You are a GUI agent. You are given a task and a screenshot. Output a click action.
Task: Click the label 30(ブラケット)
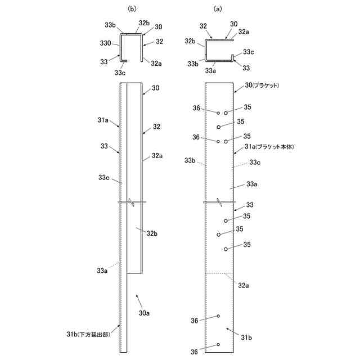[x=266, y=85]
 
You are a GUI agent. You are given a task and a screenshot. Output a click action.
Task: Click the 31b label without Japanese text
[x=247, y=337]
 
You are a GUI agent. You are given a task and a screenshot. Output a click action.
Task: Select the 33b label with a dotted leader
[x=191, y=160]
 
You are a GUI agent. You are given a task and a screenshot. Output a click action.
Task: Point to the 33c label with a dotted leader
[x=255, y=163]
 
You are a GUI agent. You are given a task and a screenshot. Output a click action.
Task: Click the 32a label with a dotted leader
[x=243, y=286]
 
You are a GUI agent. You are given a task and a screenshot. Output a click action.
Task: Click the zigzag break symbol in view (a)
[x=219, y=202]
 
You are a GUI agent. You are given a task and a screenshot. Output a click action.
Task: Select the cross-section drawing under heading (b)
[x=130, y=47]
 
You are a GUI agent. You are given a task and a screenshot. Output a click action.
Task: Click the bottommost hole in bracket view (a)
[x=218, y=345]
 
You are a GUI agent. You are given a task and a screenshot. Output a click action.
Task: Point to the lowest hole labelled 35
[x=226, y=249]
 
